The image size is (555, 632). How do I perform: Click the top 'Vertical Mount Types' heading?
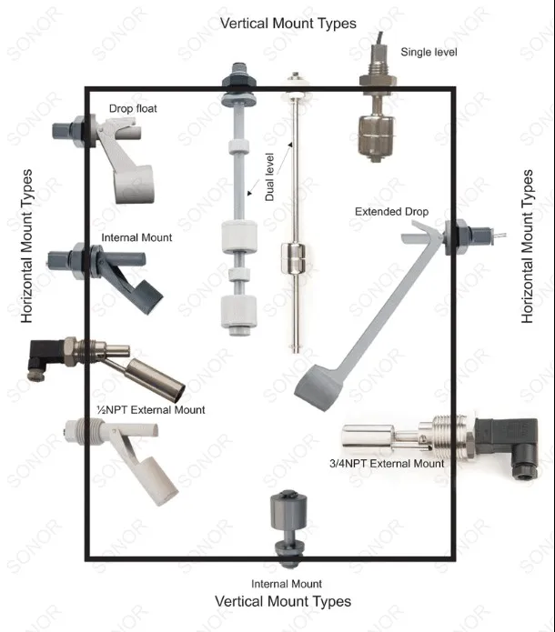click(x=288, y=23)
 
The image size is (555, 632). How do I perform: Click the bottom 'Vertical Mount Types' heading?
click(x=283, y=601)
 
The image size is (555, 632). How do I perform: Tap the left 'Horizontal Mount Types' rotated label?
click(x=27, y=246)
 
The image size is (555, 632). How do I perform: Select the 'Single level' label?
click(x=429, y=53)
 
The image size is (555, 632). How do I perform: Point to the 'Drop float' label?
click(x=133, y=109)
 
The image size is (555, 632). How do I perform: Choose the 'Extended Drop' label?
click(x=391, y=212)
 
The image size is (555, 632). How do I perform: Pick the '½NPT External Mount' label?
click(x=151, y=410)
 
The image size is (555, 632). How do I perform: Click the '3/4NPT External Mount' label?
click(x=388, y=464)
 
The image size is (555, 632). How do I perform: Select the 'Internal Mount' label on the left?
click(x=136, y=238)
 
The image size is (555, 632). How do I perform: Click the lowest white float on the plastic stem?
click(x=236, y=312)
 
